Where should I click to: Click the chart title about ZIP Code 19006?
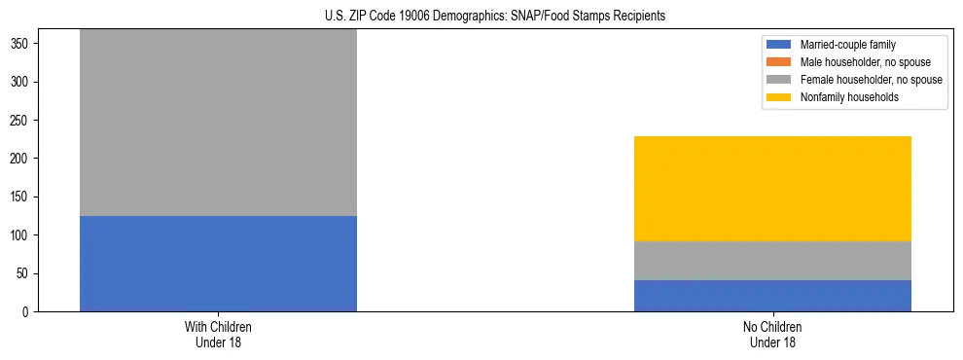(495, 17)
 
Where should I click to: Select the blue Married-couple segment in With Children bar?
(218, 264)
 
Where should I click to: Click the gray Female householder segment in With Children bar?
(218, 123)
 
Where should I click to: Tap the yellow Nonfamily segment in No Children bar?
(772, 189)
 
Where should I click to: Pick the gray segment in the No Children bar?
(772, 261)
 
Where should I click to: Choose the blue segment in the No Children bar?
(772, 296)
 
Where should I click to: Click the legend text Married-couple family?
(848, 45)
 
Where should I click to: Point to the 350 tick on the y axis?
(23, 44)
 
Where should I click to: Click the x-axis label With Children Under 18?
(218, 334)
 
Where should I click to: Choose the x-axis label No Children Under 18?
(772, 334)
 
